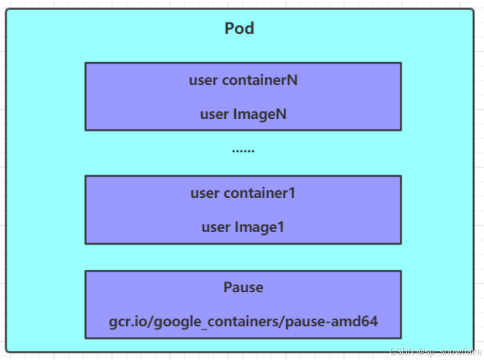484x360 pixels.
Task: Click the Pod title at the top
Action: click(x=239, y=28)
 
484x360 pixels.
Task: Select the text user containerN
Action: click(x=243, y=80)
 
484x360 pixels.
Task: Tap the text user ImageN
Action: click(x=243, y=114)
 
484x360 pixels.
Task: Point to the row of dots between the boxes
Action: click(x=243, y=151)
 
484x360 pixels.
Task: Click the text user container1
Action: click(x=243, y=193)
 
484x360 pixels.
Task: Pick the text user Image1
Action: click(x=243, y=227)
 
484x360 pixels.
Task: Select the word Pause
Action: click(x=243, y=287)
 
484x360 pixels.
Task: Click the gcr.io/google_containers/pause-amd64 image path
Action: click(x=243, y=321)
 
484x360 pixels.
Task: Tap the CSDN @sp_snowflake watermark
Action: click(x=436, y=351)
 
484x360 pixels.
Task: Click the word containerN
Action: click(x=260, y=80)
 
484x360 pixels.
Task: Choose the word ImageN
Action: click(x=260, y=114)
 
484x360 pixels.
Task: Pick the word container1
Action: click(x=259, y=193)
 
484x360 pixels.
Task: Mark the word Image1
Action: click(x=259, y=227)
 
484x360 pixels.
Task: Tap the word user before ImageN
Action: click(x=214, y=115)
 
